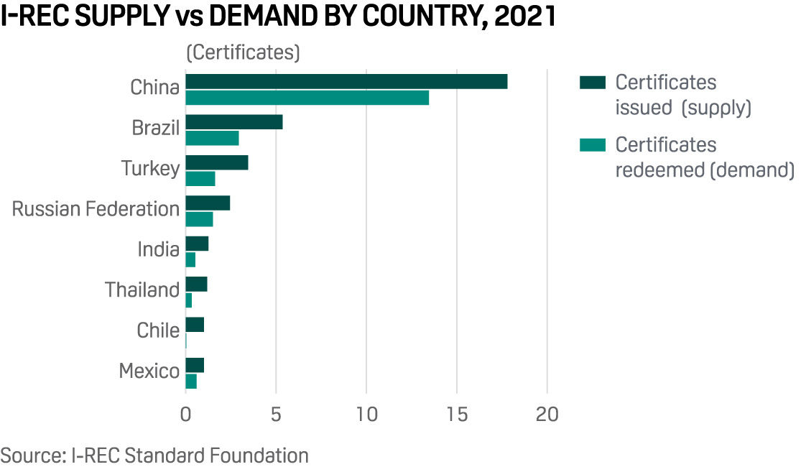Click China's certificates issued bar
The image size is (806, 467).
(x=346, y=81)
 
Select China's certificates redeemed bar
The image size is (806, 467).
(x=307, y=98)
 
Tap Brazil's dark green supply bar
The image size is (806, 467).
(x=233, y=122)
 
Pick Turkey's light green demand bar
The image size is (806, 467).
(x=200, y=179)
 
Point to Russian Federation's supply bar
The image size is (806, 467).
(x=208, y=203)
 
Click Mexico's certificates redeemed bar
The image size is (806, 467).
(x=191, y=382)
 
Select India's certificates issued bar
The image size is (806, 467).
(x=197, y=244)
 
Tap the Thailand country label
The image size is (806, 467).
(x=142, y=290)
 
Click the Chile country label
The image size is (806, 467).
(x=158, y=330)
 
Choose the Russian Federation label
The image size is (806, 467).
(x=96, y=209)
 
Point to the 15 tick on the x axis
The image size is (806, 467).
(x=457, y=416)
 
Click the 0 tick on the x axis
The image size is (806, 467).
(x=185, y=416)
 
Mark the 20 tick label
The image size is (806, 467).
(x=547, y=416)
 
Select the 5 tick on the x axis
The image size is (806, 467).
(x=276, y=416)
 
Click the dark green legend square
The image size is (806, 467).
(x=593, y=82)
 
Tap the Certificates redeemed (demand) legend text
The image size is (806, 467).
(x=704, y=157)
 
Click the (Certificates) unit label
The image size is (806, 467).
(x=243, y=53)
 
